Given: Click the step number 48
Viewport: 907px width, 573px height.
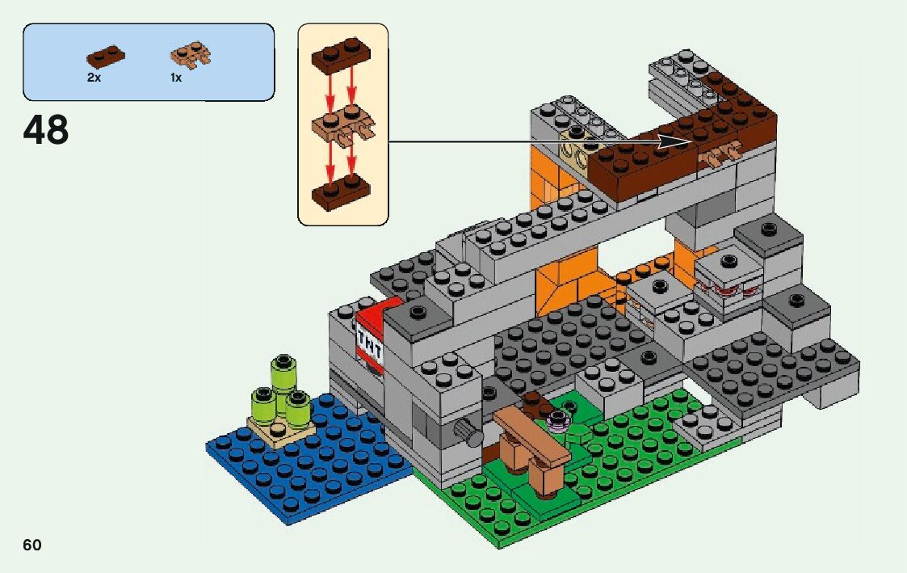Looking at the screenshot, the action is point(46,129).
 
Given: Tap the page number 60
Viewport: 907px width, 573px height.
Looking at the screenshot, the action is point(32,545).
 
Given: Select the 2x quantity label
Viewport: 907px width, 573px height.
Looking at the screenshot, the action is point(94,78).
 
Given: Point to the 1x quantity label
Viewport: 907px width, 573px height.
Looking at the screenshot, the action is point(175,78).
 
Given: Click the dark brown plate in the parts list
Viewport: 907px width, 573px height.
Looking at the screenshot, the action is point(106,57).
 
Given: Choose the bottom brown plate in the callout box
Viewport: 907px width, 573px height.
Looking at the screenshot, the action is point(341,192).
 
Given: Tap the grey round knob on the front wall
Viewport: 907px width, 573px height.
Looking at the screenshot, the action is point(466,430).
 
